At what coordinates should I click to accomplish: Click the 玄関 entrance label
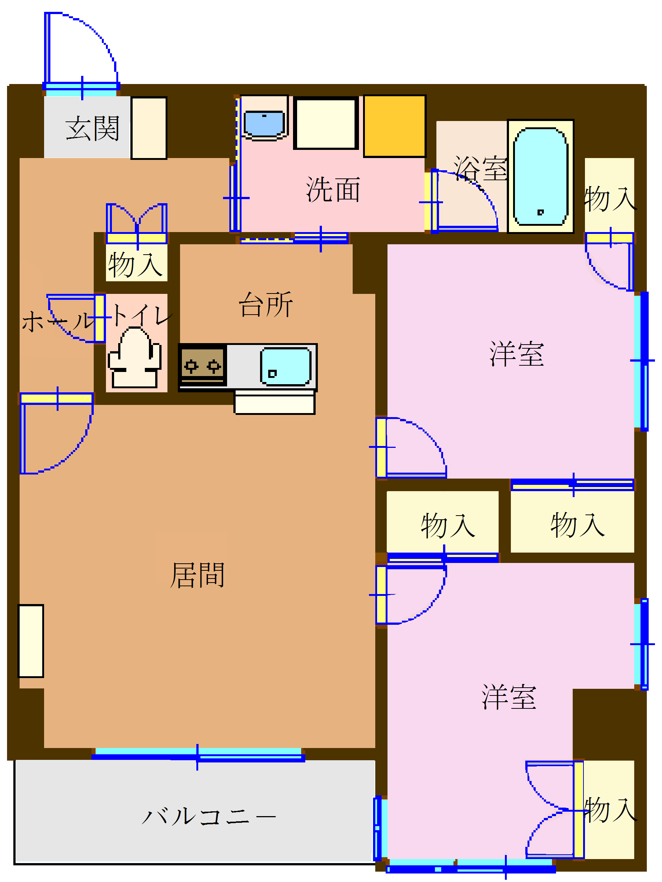click(92, 128)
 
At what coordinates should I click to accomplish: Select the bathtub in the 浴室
click(540, 176)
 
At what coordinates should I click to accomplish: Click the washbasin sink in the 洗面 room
click(264, 124)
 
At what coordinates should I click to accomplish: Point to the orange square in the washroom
click(394, 126)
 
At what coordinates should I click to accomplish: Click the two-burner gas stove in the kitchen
click(202, 365)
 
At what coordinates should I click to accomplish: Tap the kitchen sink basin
click(285, 366)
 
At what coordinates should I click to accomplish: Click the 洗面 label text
click(333, 190)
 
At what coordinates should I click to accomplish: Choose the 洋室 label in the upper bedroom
click(516, 354)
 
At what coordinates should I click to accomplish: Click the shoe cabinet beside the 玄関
click(149, 128)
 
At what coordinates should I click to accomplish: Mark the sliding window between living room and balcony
click(198, 754)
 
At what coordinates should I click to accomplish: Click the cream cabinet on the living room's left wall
click(31, 641)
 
